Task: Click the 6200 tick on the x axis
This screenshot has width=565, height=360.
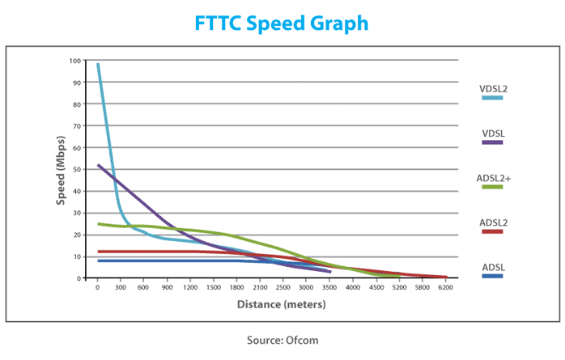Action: pyautogui.click(x=444, y=287)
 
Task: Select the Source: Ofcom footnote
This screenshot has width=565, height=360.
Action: pyautogui.click(x=282, y=340)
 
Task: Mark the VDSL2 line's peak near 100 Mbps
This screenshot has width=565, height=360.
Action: pyautogui.click(x=98, y=64)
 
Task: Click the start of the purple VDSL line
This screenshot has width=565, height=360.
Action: pyautogui.click(x=98, y=165)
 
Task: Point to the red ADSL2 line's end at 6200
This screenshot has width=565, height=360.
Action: pyautogui.click(x=444, y=277)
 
